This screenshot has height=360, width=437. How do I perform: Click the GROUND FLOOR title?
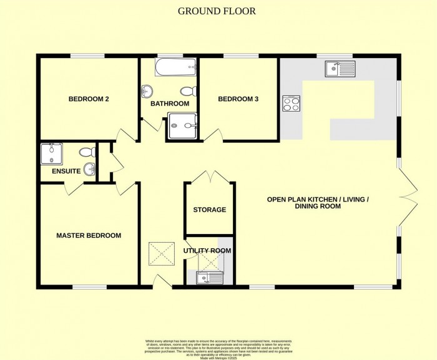(217, 11)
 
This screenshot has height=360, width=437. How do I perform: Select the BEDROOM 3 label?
(238, 99)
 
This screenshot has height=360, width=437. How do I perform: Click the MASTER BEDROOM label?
(89, 235)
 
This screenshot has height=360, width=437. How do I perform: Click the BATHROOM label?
(168, 104)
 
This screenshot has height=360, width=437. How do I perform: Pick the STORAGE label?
(209, 210)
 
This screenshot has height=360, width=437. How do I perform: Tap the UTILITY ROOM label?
(207, 251)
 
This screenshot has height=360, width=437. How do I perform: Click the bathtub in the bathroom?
(175, 67)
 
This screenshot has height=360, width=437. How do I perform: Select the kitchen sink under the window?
(340, 69)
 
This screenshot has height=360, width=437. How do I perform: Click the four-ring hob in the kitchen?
(292, 103)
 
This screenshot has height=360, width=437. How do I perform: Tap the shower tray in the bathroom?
(182, 126)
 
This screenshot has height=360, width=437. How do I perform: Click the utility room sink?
(206, 278)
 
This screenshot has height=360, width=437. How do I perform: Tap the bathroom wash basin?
(147, 92)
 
